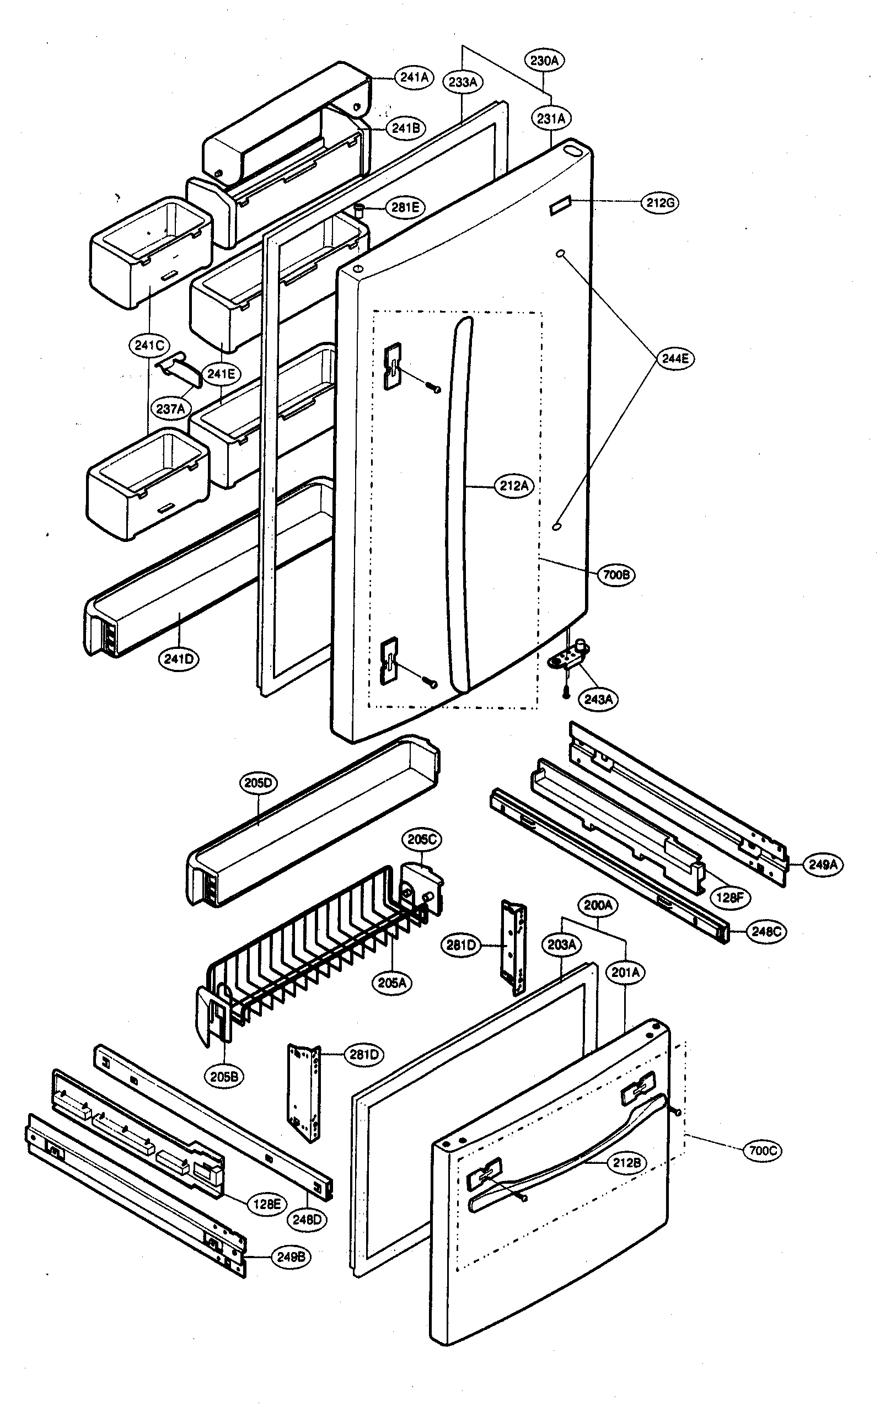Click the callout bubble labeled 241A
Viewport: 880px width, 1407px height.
[415, 77]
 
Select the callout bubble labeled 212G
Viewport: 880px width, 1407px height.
[661, 202]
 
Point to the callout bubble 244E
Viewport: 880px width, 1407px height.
[675, 358]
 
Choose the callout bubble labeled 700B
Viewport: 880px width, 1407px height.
[616, 575]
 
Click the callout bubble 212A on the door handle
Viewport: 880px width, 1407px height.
[514, 485]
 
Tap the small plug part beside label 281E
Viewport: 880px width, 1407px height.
[359, 210]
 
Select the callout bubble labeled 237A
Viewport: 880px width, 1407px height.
[170, 409]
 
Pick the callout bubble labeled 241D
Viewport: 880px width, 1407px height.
[178, 659]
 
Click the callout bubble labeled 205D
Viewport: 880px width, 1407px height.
[258, 783]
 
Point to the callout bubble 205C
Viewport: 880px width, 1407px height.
[421, 839]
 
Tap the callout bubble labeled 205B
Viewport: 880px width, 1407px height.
[224, 1077]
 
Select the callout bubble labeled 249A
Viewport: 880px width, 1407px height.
[823, 864]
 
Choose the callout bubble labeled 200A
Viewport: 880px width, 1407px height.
[598, 905]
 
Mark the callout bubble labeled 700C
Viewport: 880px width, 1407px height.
[763, 1151]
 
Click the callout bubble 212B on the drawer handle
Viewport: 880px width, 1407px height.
[626, 1163]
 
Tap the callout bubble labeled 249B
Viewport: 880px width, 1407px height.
[291, 1257]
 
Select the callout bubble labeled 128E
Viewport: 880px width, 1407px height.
[266, 1204]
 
